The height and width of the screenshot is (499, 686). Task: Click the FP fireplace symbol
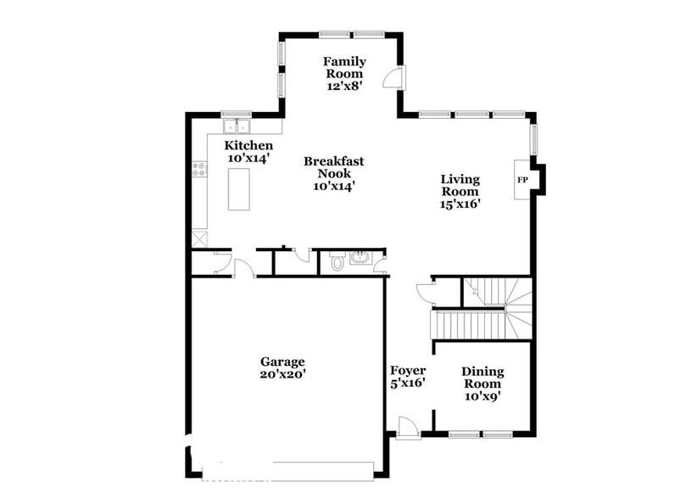522,181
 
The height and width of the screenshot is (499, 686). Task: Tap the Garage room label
282,362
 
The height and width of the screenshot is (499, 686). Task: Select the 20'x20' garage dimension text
282,374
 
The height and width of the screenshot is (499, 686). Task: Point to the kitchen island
240,189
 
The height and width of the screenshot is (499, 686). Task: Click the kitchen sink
236,126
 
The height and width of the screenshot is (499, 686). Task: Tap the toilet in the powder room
337,262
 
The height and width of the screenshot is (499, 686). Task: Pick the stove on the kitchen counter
200,169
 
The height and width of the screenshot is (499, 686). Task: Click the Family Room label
344,67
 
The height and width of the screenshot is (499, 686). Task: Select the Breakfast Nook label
334,166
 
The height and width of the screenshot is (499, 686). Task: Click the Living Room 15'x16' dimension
460,204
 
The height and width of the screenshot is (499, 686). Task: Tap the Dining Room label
482,378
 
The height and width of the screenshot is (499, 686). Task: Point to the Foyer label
408,371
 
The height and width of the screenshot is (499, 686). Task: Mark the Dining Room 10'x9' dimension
482,395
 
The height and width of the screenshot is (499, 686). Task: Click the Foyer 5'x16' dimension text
408,384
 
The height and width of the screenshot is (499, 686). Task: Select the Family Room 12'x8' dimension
344,86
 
